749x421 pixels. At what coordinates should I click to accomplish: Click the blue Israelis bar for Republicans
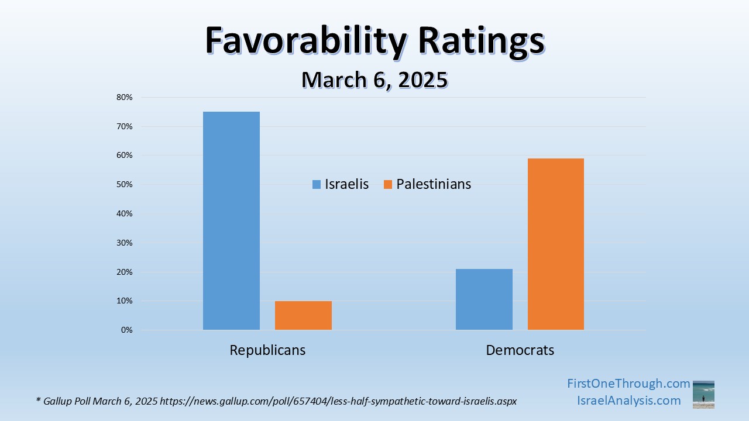click(231, 221)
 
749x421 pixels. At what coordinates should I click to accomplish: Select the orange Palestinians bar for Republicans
click(303, 316)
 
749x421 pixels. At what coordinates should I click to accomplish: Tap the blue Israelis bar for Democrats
click(484, 299)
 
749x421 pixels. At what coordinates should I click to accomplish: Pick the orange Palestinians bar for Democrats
click(556, 244)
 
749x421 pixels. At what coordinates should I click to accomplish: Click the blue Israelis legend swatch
click(317, 184)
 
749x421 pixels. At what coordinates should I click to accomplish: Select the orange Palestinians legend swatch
click(387, 184)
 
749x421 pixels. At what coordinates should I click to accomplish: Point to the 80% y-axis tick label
click(125, 97)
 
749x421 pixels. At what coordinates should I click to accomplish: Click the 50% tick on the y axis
click(125, 184)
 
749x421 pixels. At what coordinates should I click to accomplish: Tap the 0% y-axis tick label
click(126, 330)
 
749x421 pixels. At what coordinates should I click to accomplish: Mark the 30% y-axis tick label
click(125, 243)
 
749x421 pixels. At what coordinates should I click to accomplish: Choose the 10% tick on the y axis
click(125, 301)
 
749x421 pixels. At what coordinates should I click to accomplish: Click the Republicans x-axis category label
click(267, 350)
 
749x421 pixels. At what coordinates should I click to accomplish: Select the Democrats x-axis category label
click(520, 350)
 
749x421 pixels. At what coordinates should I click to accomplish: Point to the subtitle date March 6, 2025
click(374, 80)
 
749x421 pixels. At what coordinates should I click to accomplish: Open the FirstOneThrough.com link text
click(628, 384)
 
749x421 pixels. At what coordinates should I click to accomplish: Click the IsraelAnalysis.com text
click(628, 401)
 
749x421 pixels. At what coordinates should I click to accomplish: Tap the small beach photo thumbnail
click(703, 394)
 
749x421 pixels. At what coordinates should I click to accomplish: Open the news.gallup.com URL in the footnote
click(338, 401)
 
